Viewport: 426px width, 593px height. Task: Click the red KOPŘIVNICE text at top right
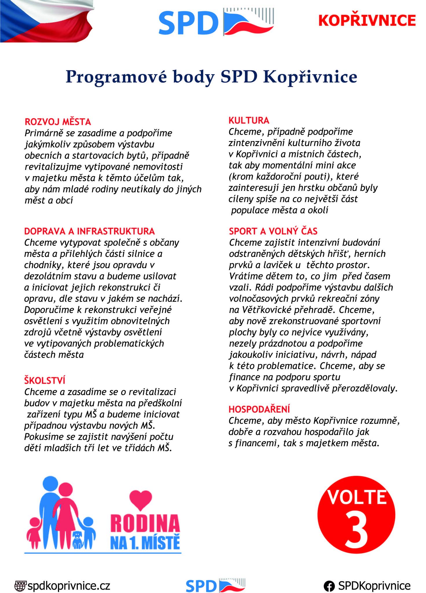(x=367, y=21)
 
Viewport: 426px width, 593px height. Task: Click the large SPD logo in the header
(x=216, y=22)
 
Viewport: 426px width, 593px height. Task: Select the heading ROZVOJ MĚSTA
(x=58, y=122)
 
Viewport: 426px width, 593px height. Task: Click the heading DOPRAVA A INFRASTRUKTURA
(x=89, y=231)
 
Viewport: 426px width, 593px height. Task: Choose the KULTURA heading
(x=249, y=120)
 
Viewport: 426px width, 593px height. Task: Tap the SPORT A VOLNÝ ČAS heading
(x=273, y=231)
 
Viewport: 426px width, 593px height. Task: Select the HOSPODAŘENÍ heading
(x=259, y=409)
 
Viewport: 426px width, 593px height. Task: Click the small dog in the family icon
(x=78, y=540)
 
